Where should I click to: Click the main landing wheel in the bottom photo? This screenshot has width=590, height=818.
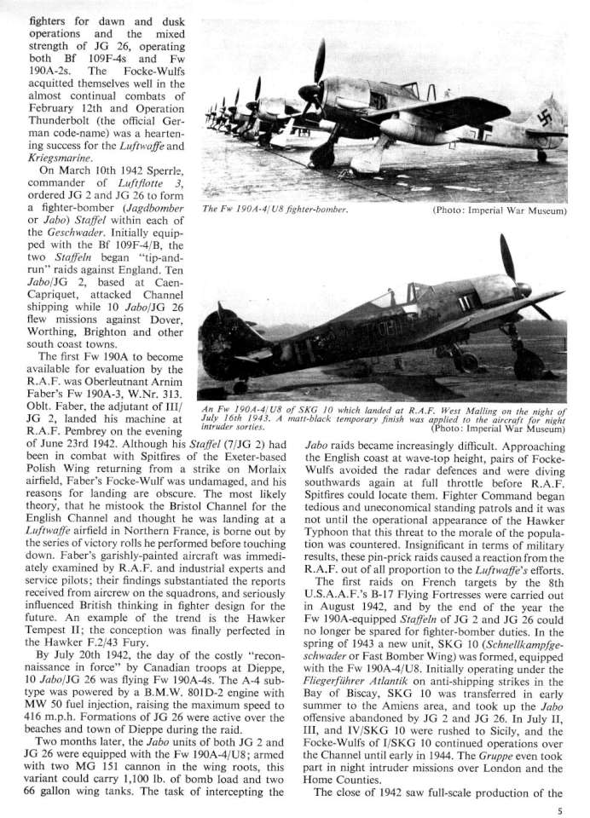pos(529,365)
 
